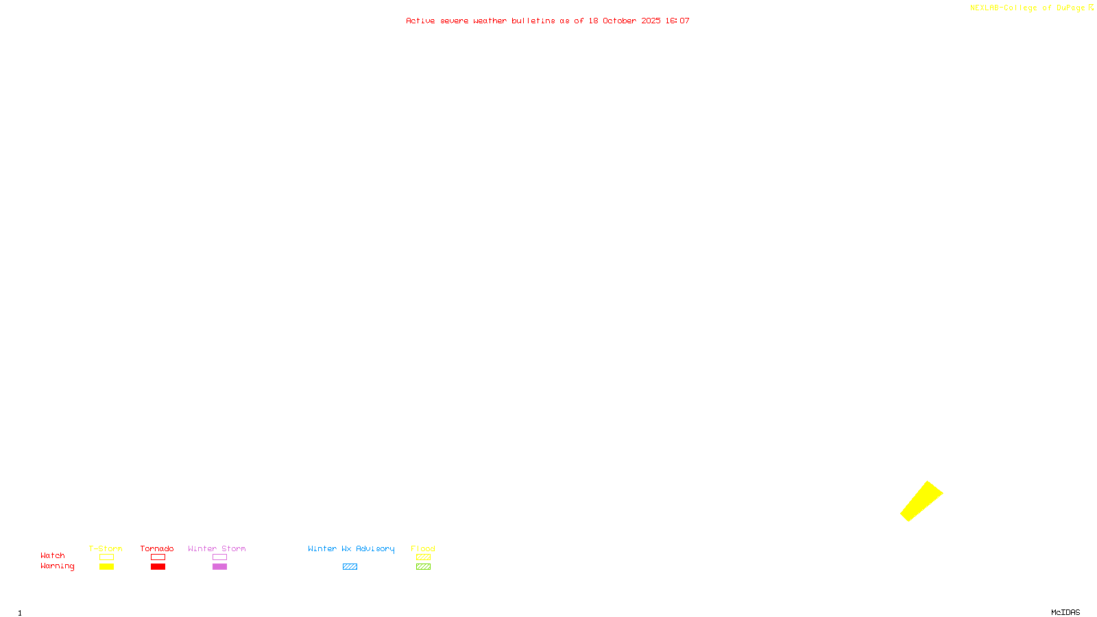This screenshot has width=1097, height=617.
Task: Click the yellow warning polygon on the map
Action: tap(921, 501)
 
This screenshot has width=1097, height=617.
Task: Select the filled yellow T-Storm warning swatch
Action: tap(106, 567)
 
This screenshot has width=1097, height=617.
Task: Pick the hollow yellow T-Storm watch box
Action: tap(106, 557)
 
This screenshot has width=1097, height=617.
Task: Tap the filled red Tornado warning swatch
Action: tap(158, 567)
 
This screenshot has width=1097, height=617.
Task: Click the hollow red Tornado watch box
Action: tap(158, 557)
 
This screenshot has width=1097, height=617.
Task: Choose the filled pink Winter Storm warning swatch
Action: tap(219, 567)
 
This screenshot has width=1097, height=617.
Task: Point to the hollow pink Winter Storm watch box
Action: tap(219, 557)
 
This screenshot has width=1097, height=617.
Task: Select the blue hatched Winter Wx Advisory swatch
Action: tap(350, 567)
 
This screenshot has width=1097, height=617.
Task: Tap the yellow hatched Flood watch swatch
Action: tap(423, 557)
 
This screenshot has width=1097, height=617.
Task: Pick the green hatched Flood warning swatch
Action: tap(423, 567)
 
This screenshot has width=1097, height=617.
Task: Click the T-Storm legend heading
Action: tap(106, 548)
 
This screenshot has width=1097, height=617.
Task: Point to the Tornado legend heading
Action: tap(157, 548)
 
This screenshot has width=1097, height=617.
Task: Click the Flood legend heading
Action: tap(423, 548)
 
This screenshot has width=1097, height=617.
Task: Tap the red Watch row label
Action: tap(53, 556)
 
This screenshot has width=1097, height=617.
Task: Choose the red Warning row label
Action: tap(57, 566)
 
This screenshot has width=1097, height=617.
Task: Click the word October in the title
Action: tap(619, 21)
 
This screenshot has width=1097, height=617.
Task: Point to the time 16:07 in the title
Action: tap(677, 21)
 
